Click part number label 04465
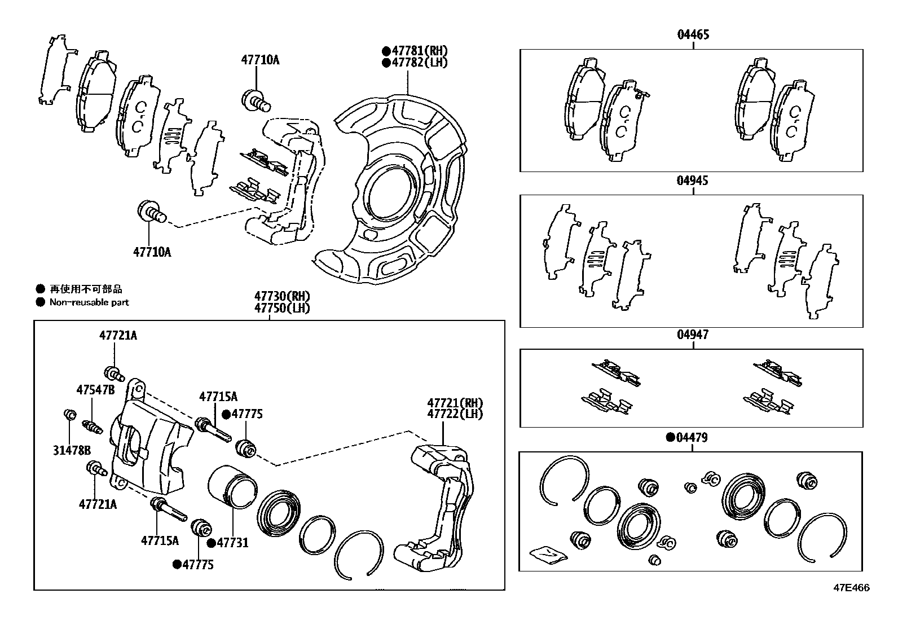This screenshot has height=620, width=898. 693,34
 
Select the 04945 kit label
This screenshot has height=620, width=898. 693,181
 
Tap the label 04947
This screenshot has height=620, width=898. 693,335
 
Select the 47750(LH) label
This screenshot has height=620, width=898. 282,308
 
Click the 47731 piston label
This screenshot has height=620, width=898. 232,543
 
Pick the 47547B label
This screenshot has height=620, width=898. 95,390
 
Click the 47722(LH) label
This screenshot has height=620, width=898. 455,414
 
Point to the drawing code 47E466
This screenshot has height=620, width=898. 852,588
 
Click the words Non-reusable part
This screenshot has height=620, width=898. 89,302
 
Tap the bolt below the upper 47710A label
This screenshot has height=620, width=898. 256,101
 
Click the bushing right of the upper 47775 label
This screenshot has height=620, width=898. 246,447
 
